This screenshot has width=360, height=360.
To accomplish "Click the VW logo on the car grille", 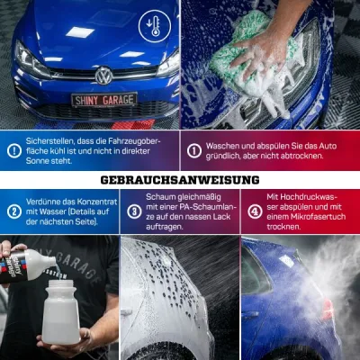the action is click(x=103, y=76).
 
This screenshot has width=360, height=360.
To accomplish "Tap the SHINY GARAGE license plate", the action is click(x=104, y=100).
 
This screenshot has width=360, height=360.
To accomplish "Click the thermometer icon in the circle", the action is click(x=155, y=26).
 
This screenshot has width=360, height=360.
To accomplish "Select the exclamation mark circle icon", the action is click(x=14, y=151).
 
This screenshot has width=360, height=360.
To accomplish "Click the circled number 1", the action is click(x=194, y=151).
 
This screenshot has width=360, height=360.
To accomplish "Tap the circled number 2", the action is click(x=14, y=211).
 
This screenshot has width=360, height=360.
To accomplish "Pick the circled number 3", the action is click(x=134, y=211).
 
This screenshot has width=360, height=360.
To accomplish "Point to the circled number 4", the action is click(x=255, y=211).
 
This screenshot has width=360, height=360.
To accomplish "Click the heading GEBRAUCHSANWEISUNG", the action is click(x=180, y=180).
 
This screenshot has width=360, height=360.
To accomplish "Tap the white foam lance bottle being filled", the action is click(x=61, y=312).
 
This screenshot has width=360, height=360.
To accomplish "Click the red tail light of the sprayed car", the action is click(x=328, y=310).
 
